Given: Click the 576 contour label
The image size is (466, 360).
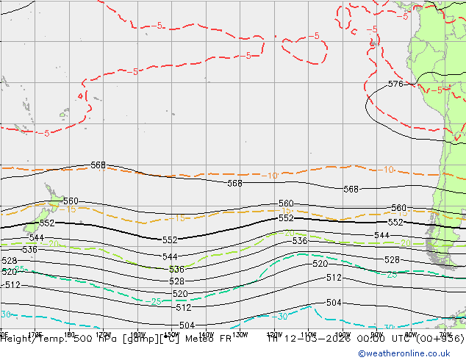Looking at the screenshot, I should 395,84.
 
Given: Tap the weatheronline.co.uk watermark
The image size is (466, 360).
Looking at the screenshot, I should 410,353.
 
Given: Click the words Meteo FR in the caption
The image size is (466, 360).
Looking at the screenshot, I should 207,339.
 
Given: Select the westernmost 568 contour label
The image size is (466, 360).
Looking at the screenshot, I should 98,165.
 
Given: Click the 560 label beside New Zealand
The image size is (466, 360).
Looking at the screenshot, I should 71,201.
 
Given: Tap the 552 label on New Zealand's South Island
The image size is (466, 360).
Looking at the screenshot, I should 47,223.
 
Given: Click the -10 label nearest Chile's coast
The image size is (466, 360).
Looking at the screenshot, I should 387,170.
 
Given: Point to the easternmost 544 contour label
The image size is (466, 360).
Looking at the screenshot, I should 381,235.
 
